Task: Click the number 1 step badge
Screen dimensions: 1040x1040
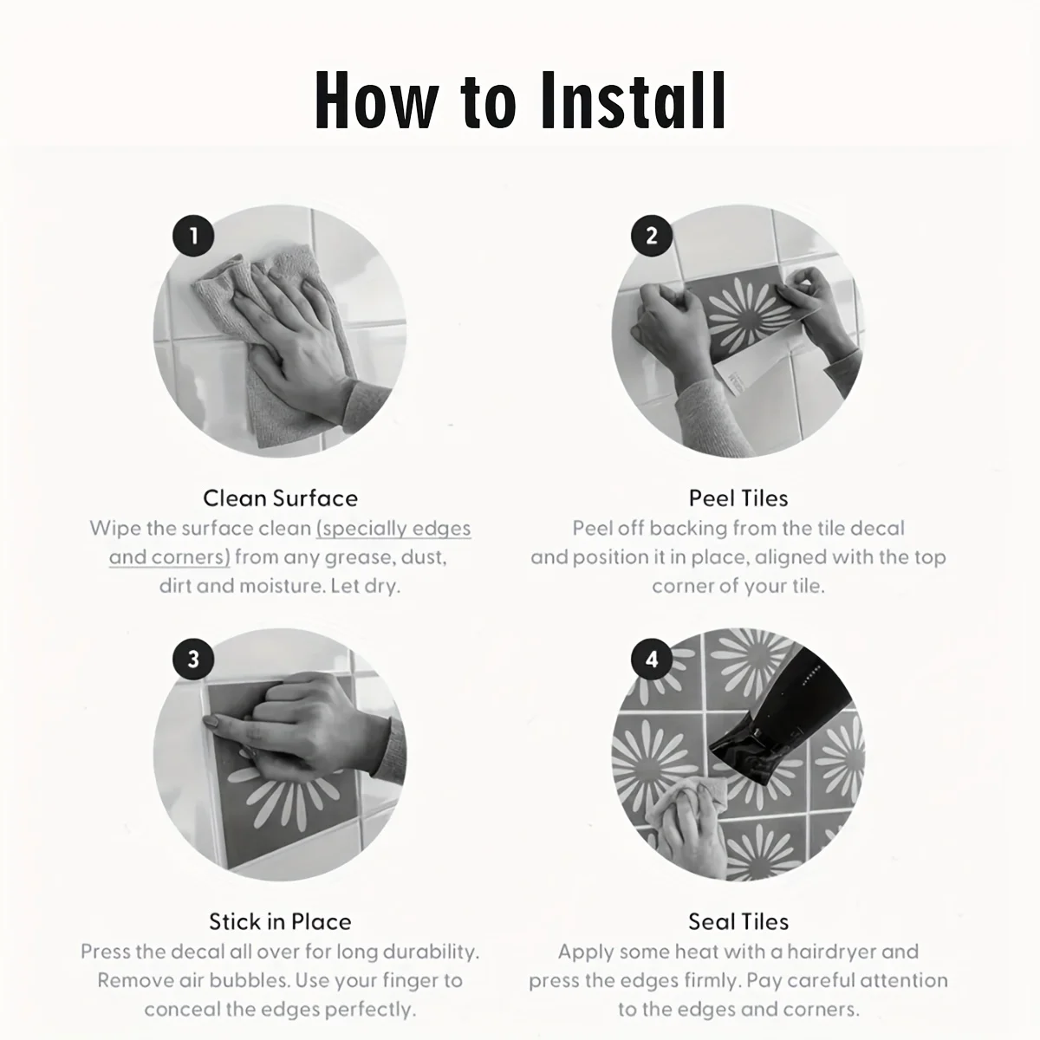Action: (x=194, y=236)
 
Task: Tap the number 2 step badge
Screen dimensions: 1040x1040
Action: (x=652, y=236)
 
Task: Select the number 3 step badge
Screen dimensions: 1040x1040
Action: (x=194, y=660)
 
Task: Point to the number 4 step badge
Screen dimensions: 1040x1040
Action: (x=652, y=660)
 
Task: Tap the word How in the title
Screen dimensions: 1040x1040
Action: (x=375, y=101)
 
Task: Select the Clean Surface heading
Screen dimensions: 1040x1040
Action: (x=280, y=498)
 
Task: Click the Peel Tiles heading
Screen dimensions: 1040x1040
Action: (x=738, y=498)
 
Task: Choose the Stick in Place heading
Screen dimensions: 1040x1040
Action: (x=280, y=922)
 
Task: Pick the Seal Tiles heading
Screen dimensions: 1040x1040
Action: (x=738, y=922)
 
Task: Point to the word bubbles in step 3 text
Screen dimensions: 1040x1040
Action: (x=250, y=980)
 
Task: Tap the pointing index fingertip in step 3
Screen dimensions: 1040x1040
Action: (x=208, y=721)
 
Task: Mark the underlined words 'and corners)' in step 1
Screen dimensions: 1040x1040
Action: (x=170, y=557)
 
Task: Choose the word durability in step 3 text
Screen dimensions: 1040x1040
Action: (x=432, y=952)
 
